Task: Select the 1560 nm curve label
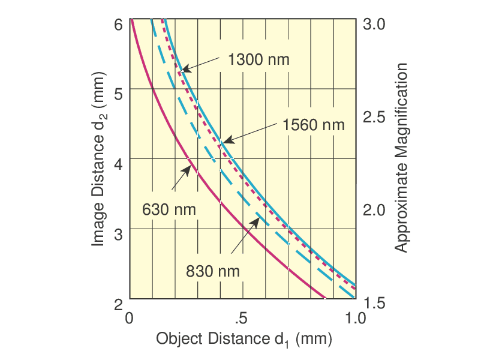tap(314, 125)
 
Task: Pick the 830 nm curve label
tap(213, 271)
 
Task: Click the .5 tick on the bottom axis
tap(241, 317)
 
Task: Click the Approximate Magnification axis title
tap(401, 157)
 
